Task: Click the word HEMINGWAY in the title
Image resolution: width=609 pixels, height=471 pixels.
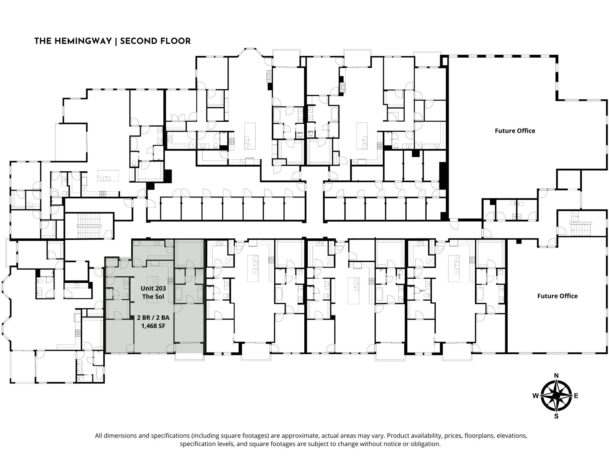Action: coord(83,41)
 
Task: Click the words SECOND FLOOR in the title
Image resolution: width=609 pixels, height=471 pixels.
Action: coord(155,41)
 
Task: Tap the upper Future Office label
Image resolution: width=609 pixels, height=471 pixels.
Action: coord(515,131)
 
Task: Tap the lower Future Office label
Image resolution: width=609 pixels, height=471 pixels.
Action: coord(557,296)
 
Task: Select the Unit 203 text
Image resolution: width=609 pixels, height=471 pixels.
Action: coord(153,288)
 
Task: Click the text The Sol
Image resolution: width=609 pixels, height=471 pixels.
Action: coord(153,297)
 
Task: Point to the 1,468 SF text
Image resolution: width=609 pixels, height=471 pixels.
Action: coord(153,326)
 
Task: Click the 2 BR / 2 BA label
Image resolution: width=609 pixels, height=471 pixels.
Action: coord(153,318)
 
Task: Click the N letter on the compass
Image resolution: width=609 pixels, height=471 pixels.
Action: coord(556,376)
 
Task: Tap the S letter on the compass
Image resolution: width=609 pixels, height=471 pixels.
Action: coord(556,416)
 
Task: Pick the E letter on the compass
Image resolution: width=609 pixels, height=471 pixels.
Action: coord(576,396)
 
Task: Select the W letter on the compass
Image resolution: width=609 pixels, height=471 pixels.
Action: coord(535,396)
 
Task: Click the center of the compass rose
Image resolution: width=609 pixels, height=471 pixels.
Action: coord(556,396)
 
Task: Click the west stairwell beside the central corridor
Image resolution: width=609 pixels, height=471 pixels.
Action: coord(89,226)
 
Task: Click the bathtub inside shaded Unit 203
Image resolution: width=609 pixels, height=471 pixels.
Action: coord(179,294)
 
